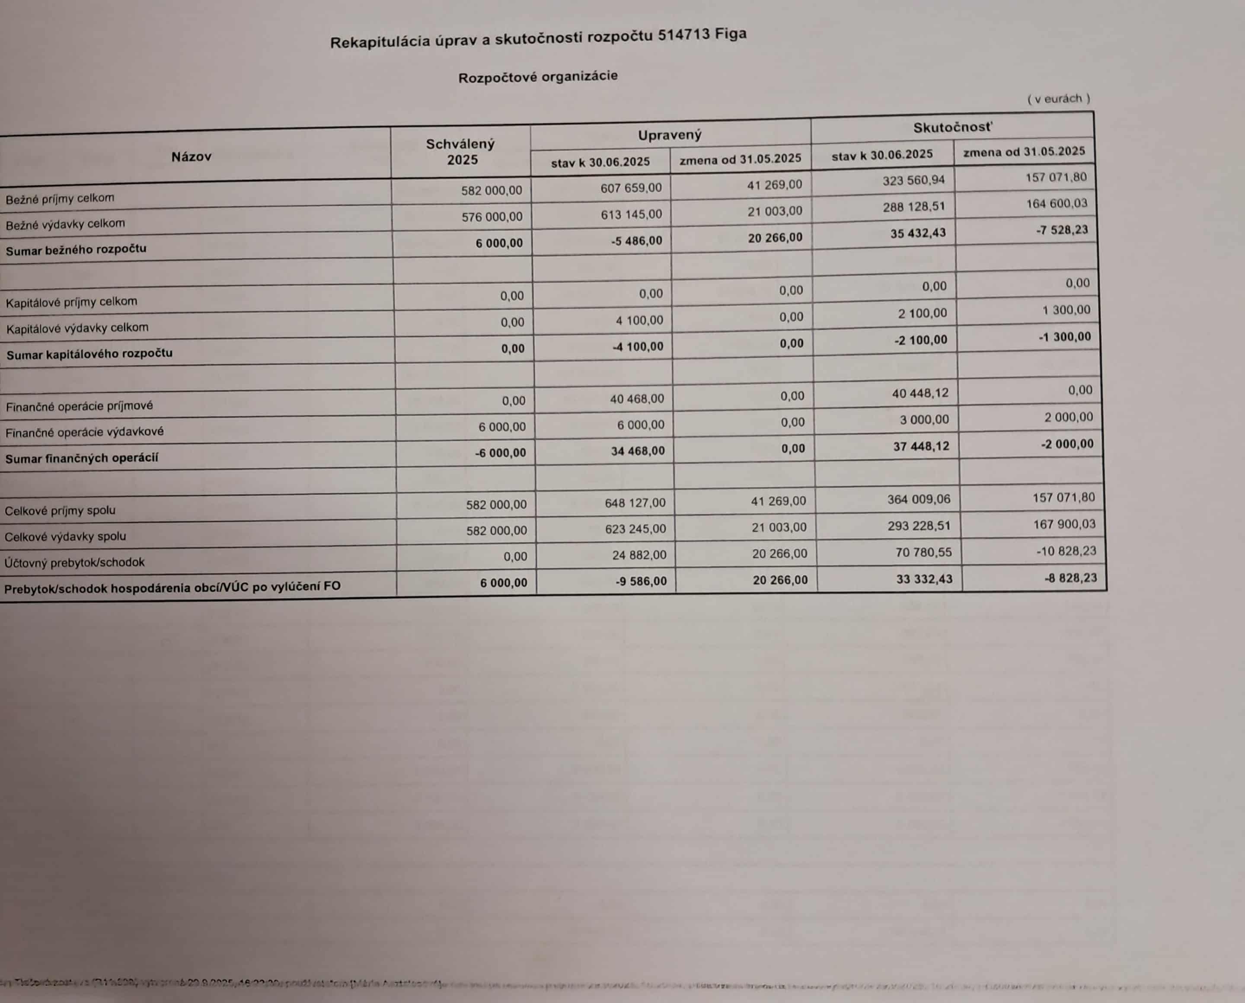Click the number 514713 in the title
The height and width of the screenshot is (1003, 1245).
pos(683,36)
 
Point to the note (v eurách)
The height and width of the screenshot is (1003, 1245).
pos(1058,99)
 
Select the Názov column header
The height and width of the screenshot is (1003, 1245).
pos(191,156)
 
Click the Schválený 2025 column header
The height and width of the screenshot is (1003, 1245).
pos(460,151)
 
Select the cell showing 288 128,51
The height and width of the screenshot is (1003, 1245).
pos(913,206)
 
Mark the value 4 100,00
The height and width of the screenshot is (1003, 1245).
pos(639,320)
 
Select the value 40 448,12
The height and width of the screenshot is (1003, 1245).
pos(921,393)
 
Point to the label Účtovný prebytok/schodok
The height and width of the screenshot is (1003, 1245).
pos(74,562)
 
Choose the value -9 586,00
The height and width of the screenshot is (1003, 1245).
pos(641,581)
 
